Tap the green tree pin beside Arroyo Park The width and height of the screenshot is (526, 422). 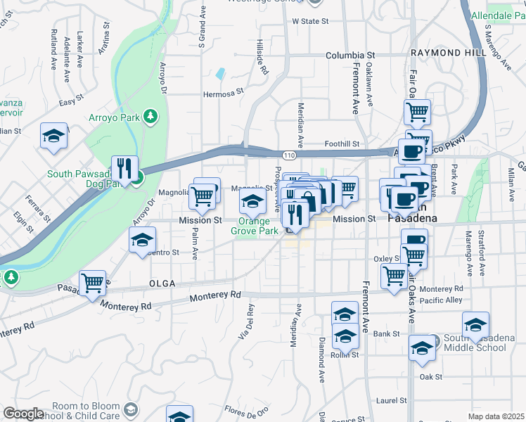tap(149, 116)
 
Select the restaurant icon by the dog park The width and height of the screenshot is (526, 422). tap(124, 169)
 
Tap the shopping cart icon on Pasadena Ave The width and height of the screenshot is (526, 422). tap(93, 283)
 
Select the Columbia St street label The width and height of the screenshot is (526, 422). tap(350, 55)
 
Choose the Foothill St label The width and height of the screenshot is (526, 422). tap(342, 144)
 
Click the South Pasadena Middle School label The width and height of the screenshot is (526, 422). tap(475, 343)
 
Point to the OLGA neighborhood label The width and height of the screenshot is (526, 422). tap(162, 283)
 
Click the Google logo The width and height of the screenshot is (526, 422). tap(23, 414)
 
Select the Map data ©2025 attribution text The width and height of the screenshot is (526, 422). tap(495, 416)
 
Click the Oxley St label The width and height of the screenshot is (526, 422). tap(387, 259)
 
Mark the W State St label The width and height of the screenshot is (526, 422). tap(310, 22)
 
